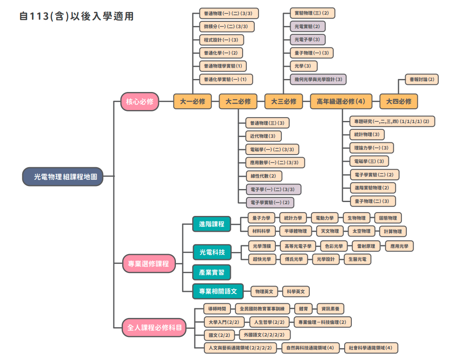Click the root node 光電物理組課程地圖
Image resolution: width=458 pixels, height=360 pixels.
coord(63,176)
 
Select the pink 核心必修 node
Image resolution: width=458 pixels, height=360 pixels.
coord(140,101)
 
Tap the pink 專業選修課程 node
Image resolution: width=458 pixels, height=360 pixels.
coord(149,263)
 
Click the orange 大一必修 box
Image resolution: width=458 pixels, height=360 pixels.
coord(192,101)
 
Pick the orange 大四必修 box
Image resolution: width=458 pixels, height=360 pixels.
coord(398,101)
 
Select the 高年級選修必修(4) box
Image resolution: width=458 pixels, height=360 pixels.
coord(341,101)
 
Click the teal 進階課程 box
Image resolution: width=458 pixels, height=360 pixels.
coord(212,224)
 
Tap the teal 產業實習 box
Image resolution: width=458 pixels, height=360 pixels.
coord(212,273)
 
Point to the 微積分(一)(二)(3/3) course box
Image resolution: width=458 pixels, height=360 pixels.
coord(226,27)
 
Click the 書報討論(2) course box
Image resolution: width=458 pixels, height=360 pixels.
coord(421,79)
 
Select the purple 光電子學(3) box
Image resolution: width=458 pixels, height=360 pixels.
coord(308,39)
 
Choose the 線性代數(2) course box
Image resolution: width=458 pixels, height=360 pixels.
coord(264,176)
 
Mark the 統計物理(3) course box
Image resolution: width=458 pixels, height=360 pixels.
coord(367,134)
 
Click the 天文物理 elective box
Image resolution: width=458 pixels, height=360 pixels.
coord(330,231)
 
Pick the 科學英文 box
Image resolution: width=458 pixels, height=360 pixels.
coord(296,291)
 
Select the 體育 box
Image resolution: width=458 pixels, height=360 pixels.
coord(303,309)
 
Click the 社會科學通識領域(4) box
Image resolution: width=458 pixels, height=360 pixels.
coord(371,348)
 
